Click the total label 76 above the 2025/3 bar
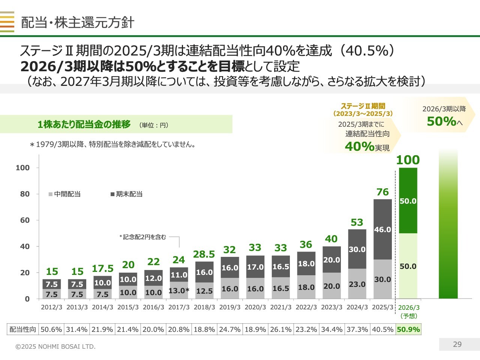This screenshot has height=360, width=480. (x=382, y=192)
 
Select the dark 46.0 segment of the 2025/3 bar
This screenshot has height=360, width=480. (x=382, y=229)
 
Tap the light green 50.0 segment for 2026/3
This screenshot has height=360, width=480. (x=408, y=266)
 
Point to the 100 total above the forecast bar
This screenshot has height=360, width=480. (x=408, y=160)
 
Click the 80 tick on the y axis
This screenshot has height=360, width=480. (x=25, y=194)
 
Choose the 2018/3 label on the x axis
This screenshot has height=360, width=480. (x=204, y=307)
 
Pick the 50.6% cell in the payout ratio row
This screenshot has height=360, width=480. (x=51, y=329)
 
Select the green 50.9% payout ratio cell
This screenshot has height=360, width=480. (x=408, y=329)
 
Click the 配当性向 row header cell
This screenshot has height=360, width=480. (x=22, y=329)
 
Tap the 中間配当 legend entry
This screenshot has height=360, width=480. (x=64, y=194)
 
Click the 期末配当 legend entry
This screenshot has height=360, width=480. (x=127, y=194)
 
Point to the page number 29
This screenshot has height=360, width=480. (x=457, y=344)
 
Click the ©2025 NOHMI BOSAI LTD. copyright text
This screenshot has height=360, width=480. (x=55, y=346)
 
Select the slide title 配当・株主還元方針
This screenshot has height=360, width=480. (x=78, y=22)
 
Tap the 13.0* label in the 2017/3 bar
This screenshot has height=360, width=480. (x=179, y=291)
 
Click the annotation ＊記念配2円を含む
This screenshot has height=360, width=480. (x=143, y=237)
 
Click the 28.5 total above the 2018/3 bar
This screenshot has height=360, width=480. (x=204, y=254)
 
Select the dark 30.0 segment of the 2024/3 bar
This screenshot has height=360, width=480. (x=357, y=249)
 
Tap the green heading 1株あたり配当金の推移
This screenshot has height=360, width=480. (x=84, y=124)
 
